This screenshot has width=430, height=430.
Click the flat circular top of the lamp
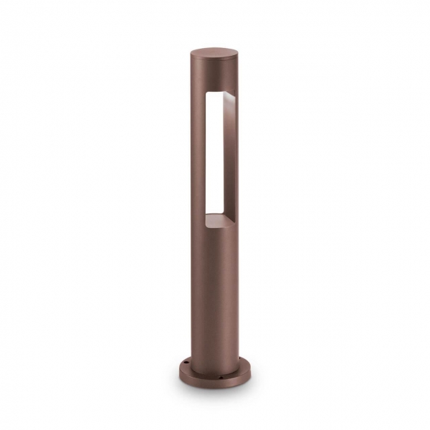click(x=215, y=53)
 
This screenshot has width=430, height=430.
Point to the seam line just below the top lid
click(x=214, y=63)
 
